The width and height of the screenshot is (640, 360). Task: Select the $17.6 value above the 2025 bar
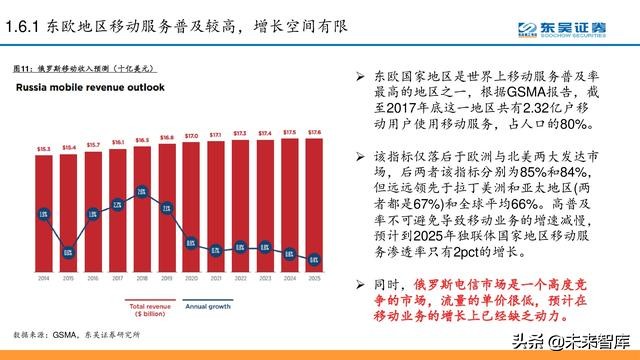coord(314,131)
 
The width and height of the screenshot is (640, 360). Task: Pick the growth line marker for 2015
coord(69,252)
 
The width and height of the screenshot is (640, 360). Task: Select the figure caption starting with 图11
coord(83,69)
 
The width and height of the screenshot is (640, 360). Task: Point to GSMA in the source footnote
coord(71,331)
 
